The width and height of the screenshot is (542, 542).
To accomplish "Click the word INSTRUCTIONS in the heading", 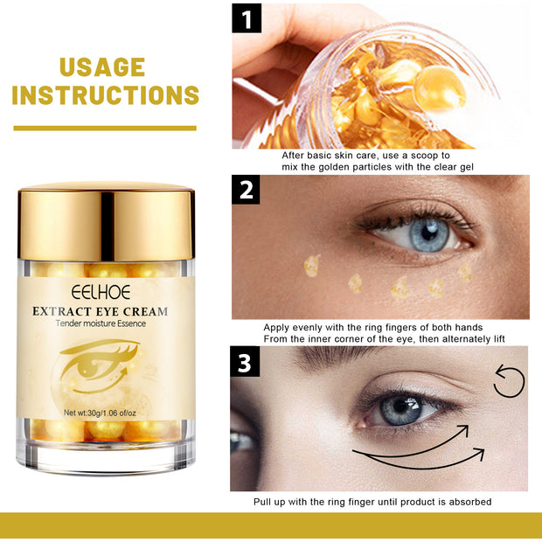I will click(x=105, y=96).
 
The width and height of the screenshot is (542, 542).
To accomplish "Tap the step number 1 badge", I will click(x=247, y=17).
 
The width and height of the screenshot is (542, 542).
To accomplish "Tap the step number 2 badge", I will click(x=247, y=190).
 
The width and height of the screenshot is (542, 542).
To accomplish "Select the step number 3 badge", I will click(x=246, y=361).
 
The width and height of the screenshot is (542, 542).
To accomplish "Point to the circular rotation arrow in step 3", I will click(x=508, y=380).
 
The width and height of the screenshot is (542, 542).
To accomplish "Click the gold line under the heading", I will click(x=105, y=129).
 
